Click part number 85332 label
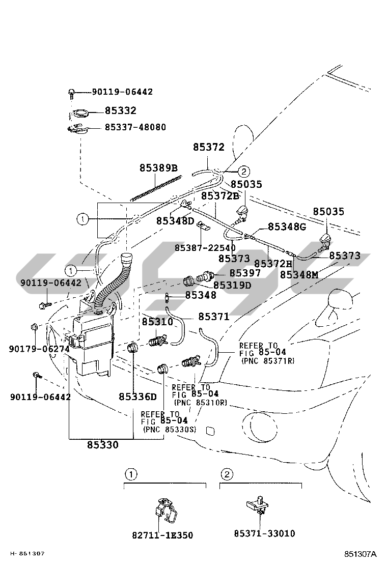click(x=121, y=110)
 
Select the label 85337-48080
click(x=135, y=127)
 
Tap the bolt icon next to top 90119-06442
click(x=72, y=92)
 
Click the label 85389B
click(x=158, y=168)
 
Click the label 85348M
click(x=299, y=274)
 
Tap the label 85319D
click(x=232, y=285)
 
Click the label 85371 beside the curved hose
click(x=214, y=317)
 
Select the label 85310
click(x=157, y=322)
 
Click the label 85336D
click(x=137, y=397)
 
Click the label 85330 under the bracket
click(x=102, y=445)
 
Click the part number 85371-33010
click(x=264, y=533)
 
